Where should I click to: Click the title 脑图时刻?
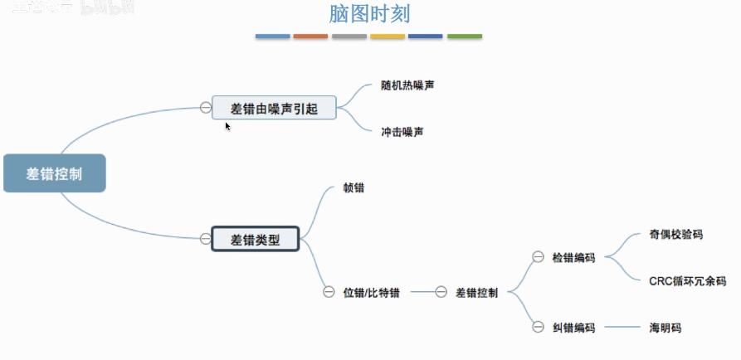tap(369, 14)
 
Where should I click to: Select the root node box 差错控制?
tap(55, 173)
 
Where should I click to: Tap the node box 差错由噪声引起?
tap(274, 107)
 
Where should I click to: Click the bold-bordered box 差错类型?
tap(256, 240)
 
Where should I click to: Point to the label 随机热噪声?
tap(408, 85)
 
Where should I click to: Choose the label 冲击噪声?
tap(403, 131)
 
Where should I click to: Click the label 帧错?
tap(353, 187)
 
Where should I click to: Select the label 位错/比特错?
tap(372, 292)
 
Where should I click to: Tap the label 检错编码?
tap(573, 258)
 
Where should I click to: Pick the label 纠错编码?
tap(573, 328)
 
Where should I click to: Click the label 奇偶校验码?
tap(676, 235)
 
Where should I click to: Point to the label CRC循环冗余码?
tap(687, 281)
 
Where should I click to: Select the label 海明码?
tap(665, 328)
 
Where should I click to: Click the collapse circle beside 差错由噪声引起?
tap(205, 107)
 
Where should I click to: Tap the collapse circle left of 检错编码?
tap(537, 258)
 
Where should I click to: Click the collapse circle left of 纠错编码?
tap(537, 328)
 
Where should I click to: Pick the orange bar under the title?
tap(310, 36)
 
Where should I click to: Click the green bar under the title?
tap(465, 36)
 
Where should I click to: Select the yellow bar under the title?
tap(388, 36)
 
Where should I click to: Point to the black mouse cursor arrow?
tap(227, 126)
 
